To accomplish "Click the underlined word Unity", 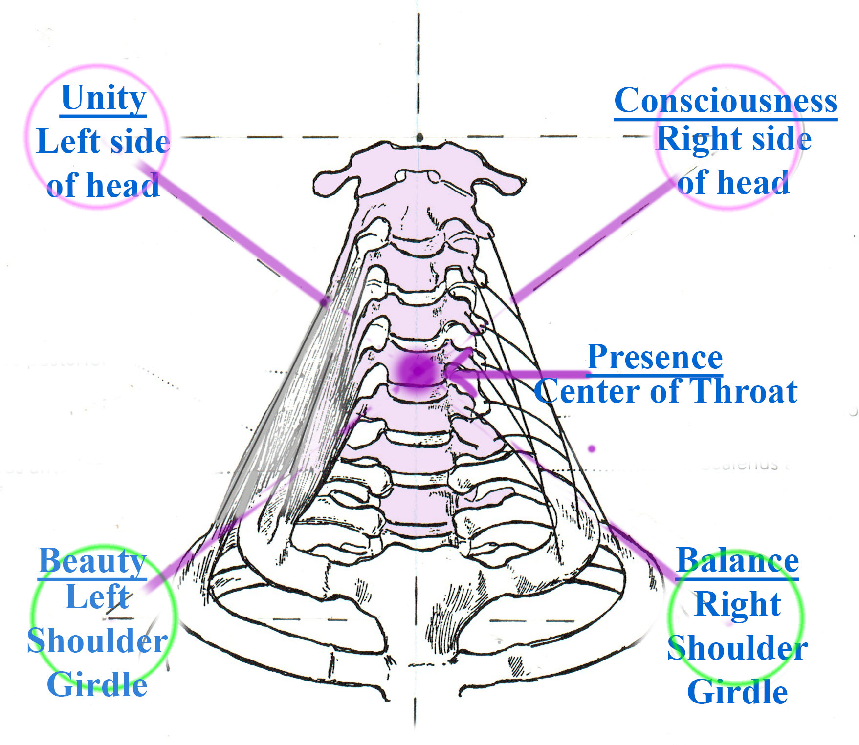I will point(103,98).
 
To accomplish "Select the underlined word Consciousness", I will point(726,101).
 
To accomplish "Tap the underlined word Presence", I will point(655,357).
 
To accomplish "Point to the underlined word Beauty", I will point(92,562).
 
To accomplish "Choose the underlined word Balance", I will point(738,561).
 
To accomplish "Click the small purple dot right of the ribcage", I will point(592,448).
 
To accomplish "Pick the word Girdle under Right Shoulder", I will point(737,692).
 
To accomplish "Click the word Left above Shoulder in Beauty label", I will point(97,596).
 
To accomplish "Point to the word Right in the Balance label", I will point(737,604).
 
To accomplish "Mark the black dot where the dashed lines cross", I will point(419,138).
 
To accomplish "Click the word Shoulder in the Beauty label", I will point(97,640).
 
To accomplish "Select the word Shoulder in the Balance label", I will point(737,648).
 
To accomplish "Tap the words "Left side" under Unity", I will point(103,142).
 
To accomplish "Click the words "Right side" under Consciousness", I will point(734,139).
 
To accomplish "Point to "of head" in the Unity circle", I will point(103,186).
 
